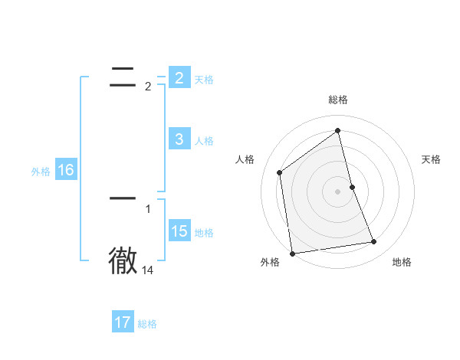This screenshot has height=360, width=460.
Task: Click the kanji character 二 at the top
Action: click(123, 76)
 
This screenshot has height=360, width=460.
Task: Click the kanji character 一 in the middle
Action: click(123, 198)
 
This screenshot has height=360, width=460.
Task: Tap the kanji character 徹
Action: click(123, 261)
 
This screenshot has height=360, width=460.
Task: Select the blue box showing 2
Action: click(179, 77)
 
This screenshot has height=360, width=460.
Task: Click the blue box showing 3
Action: click(179, 139)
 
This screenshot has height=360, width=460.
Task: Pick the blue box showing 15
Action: click(179, 231)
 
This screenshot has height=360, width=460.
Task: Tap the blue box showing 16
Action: click(66, 170)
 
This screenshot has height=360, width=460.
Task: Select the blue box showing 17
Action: click(123, 322)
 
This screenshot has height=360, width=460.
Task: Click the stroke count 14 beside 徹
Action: click(148, 270)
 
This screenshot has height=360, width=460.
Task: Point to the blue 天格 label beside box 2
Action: click(204, 79)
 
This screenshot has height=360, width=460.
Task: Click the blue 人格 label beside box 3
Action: click(204, 141)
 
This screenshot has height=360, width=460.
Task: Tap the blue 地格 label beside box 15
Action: click(204, 233)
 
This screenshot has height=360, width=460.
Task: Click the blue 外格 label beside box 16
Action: click(41, 172)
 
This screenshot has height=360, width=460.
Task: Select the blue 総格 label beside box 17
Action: click(147, 324)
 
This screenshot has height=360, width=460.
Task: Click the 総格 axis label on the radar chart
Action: click(338, 100)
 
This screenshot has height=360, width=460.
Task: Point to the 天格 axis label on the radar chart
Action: click(432, 159)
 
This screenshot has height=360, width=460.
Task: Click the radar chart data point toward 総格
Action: click(338, 130)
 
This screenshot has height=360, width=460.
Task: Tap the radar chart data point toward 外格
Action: click(292, 253)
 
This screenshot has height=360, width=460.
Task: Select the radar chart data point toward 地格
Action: click(374, 242)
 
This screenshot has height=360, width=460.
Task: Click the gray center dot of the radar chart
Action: click(338, 191)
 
